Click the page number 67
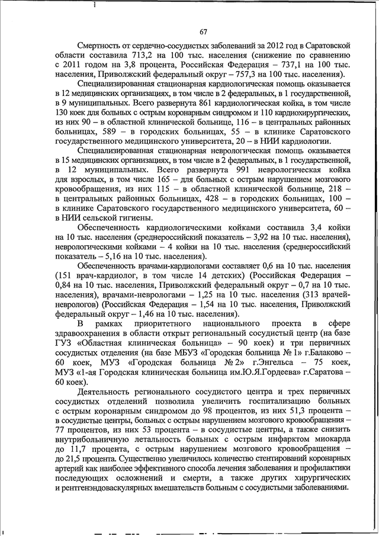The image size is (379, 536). (203, 31)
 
